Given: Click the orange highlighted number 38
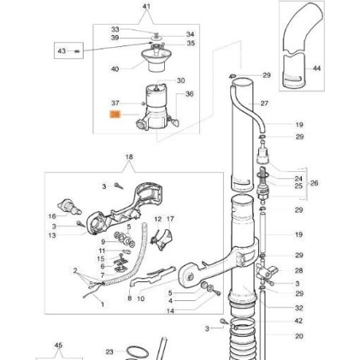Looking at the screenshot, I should [x=115, y=115].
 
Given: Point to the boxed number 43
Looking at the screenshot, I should [x=62, y=52].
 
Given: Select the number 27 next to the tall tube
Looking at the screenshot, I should [x=264, y=104].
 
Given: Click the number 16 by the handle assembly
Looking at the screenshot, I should [x=52, y=216].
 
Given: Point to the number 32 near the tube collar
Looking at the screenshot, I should [x=298, y=307].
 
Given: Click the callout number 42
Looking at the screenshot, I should [x=298, y=320].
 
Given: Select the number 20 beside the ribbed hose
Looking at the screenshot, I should [x=298, y=336].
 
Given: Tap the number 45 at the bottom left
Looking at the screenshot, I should [x=57, y=346].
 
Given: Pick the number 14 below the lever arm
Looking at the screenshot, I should [x=170, y=311].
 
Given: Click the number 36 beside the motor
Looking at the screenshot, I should [x=190, y=94].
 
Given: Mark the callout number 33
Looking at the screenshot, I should [x=115, y=28].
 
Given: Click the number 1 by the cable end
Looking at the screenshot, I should [x=101, y=304].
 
